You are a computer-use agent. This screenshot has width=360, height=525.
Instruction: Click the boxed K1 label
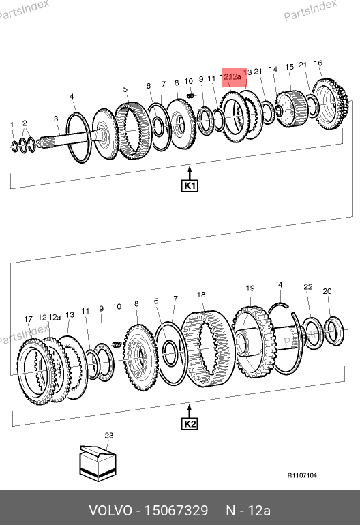[190, 185]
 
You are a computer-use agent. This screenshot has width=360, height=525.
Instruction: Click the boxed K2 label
[190, 424]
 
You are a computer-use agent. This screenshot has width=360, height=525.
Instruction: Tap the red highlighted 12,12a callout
[235, 77]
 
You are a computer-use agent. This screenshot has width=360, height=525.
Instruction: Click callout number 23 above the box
[109, 435]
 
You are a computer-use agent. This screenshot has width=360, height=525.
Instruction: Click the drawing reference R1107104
[302, 475]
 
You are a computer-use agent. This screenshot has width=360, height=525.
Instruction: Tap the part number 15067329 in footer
[176, 511]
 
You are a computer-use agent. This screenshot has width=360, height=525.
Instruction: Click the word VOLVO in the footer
[110, 511]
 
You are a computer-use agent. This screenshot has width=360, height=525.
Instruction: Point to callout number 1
[12, 125]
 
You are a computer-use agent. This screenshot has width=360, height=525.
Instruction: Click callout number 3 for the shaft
[56, 118]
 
